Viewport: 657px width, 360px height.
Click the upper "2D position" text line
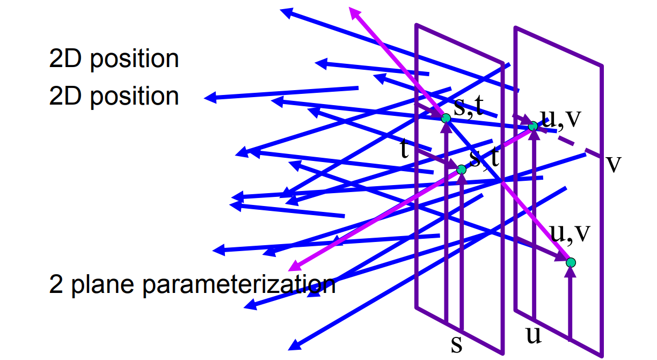pyautogui.click(x=114, y=58)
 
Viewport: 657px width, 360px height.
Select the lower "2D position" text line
pyautogui.click(x=114, y=96)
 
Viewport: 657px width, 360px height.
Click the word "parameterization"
pyautogui.click(x=239, y=284)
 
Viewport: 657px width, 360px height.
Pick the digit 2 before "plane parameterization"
pyautogui.click(x=55, y=284)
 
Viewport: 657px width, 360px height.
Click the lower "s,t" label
pyautogui.click(x=485, y=158)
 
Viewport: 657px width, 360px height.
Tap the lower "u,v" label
pyautogui.click(x=570, y=232)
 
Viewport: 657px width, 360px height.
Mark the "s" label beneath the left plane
pyautogui.click(x=456, y=344)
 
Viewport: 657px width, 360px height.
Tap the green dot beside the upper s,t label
pyautogui.click(x=446, y=118)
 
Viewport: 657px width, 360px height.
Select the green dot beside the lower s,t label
pyautogui.click(x=461, y=170)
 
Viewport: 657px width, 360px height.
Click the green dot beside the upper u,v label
pyautogui.click(x=532, y=126)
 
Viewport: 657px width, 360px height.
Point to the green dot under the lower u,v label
pyautogui.click(x=571, y=262)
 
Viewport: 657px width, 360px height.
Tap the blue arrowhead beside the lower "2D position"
pyautogui.click(x=210, y=98)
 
